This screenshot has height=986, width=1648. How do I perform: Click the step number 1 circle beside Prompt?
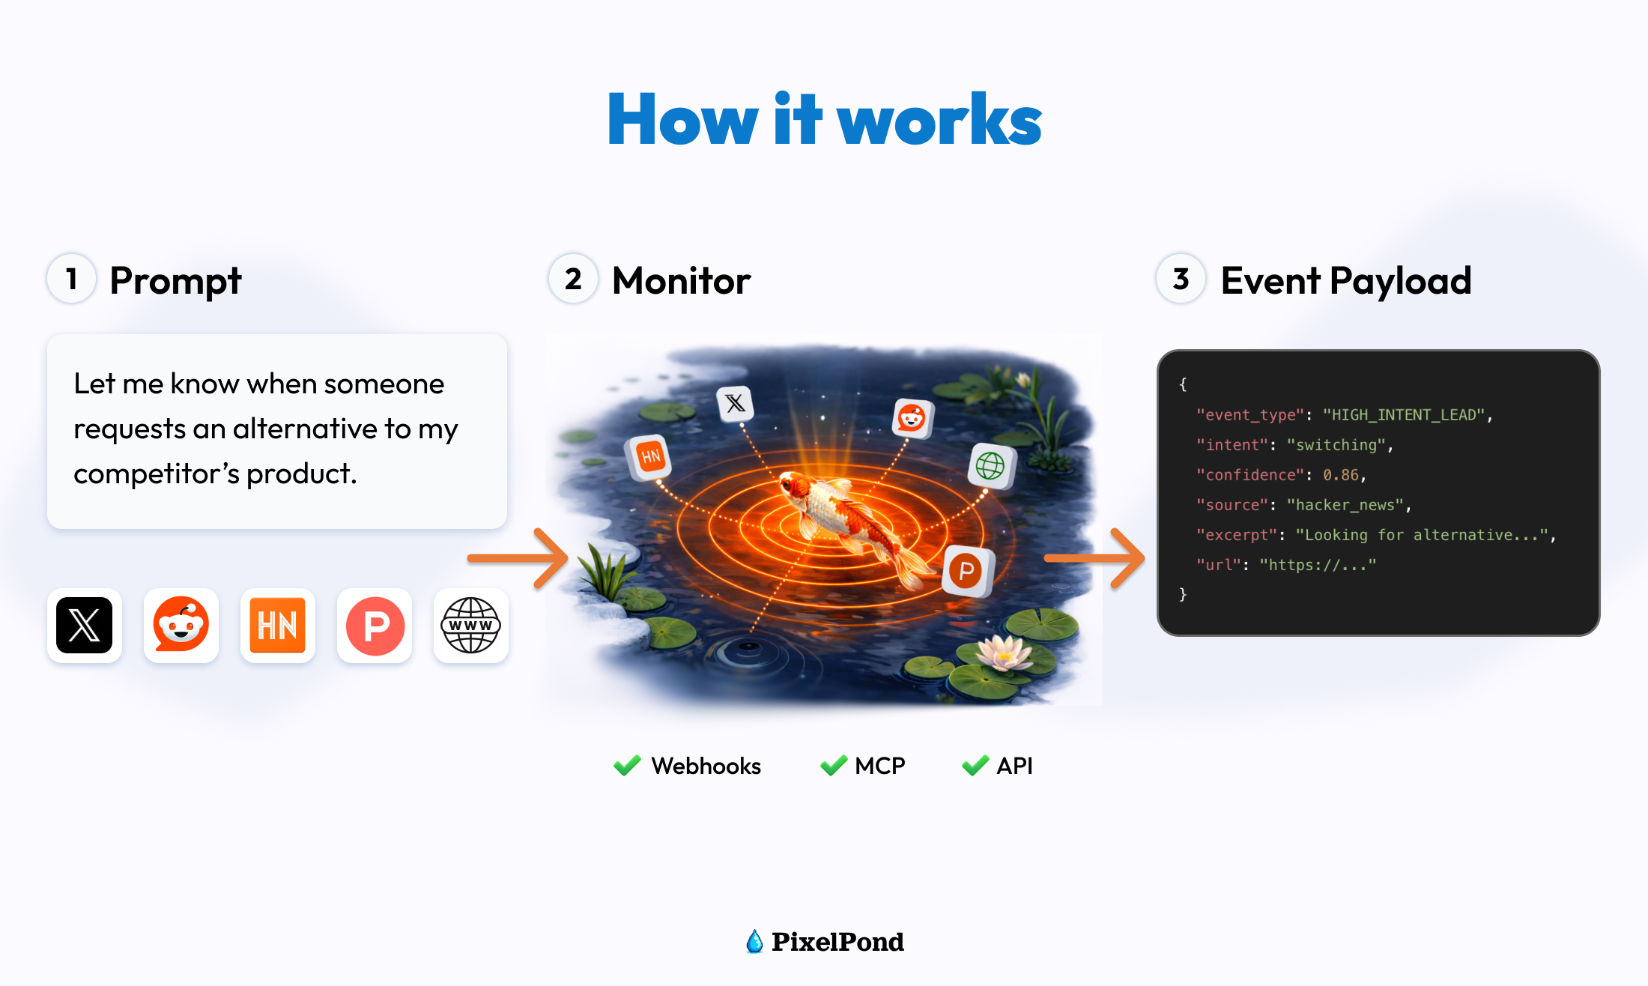pos(72,279)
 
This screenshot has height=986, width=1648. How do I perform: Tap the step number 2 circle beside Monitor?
pos(573,279)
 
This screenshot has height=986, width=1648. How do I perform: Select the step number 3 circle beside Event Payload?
pos(1181,279)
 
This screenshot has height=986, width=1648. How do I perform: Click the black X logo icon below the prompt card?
pos(85,626)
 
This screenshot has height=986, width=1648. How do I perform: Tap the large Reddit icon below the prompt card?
pos(181,626)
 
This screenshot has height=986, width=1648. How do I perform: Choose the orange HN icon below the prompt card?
pos(278,626)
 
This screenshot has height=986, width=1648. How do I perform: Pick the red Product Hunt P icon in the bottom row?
pos(375,626)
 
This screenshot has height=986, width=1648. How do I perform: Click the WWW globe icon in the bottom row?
pos(470,626)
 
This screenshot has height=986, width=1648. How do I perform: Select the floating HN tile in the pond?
pos(649,456)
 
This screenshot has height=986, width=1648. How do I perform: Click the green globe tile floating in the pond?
pos(990,466)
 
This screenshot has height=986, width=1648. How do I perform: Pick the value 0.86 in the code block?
pos(1340,475)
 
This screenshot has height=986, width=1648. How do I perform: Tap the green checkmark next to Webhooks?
pos(627,765)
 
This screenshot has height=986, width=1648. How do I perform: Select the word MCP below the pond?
pos(880,766)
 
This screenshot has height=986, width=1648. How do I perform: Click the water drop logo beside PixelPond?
pos(754,941)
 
